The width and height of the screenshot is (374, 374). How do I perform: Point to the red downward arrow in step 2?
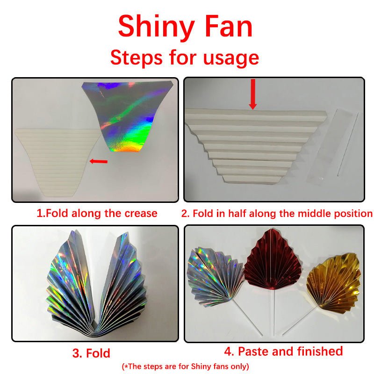253,94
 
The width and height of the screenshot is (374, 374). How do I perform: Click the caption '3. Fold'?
91,353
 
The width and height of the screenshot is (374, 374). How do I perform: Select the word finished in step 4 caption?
317,351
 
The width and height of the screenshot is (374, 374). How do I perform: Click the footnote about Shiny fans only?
185,366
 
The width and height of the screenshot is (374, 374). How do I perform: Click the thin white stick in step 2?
347,145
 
